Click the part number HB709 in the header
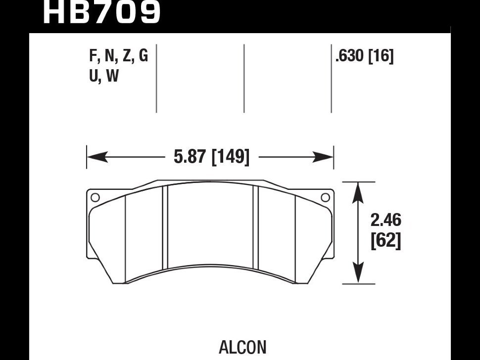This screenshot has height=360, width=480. (x=101, y=12)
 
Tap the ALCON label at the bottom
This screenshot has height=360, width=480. (x=242, y=347)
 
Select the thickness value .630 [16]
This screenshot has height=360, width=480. (x=364, y=57)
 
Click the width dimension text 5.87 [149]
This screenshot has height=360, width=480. (x=211, y=157)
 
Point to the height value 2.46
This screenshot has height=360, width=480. (x=385, y=220)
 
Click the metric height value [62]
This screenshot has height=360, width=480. (x=385, y=241)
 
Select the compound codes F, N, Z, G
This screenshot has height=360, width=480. (x=118, y=56)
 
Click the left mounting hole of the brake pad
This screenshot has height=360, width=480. (x=95, y=198)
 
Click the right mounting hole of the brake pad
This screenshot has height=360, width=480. (x=325, y=198)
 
